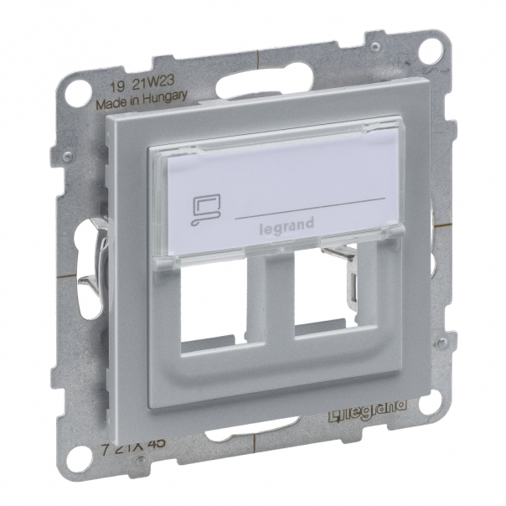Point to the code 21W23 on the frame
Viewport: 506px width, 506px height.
(155, 94)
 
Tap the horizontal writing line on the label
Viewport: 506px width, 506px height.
(310, 207)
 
